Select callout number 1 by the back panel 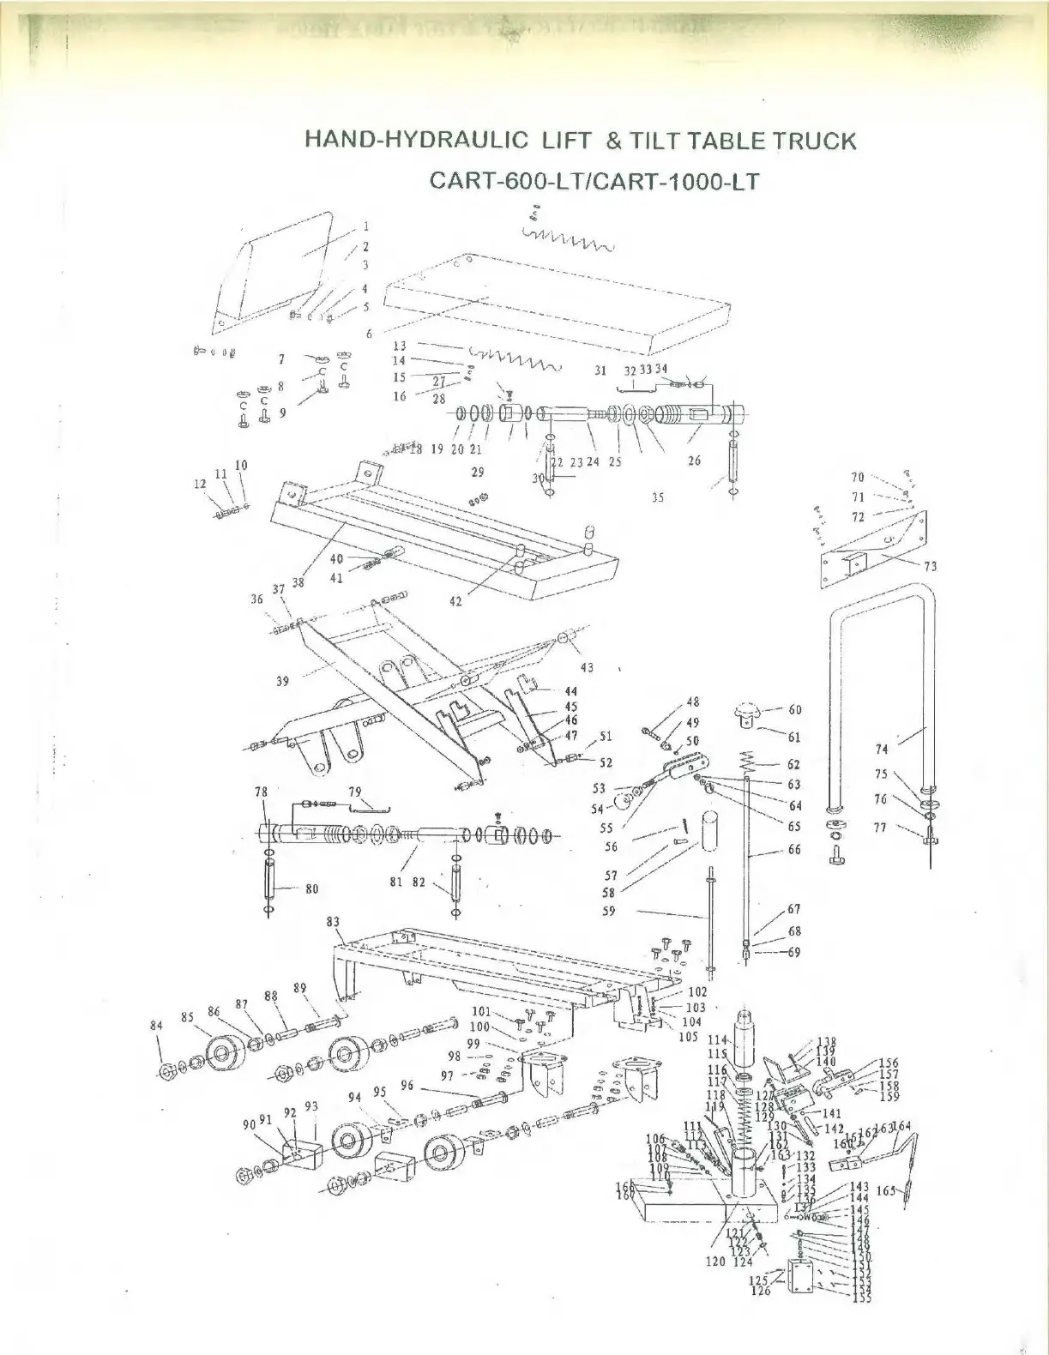click(365, 227)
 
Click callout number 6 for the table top click(370, 334)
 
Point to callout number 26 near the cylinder click(694, 461)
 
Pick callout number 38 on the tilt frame click(298, 581)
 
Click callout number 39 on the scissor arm click(282, 681)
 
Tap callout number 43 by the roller click(587, 668)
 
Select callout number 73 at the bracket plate click(931, 565)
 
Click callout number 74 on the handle click(882, 749)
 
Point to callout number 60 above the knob click(794, 709)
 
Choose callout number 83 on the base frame click(333, 922)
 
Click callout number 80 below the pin click(311, 888)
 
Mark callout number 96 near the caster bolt click(407, 1086)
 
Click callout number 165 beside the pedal click(886, 1190)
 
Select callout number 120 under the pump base click(715, 1262)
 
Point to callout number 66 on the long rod click(794, 849)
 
